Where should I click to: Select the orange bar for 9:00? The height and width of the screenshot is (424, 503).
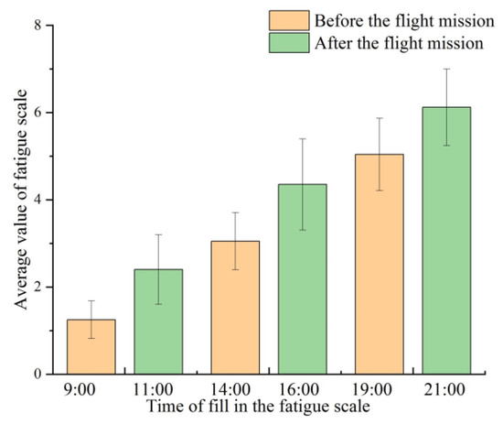click(x=91, y=347)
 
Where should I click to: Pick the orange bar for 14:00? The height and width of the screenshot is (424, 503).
click(x=235, y=308)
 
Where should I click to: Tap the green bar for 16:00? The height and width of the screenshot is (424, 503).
click(x=302, y=279)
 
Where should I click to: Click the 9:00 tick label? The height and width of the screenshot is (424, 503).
click(x=91, y=387)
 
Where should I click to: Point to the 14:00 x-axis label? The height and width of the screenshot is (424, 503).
click(x=235, y=387)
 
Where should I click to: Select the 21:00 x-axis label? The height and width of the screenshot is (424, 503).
click(x=445, y=387)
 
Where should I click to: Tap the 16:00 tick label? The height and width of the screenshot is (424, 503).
click(x=302, y=387)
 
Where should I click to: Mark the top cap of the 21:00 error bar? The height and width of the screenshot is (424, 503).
click(x=445, y=69)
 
